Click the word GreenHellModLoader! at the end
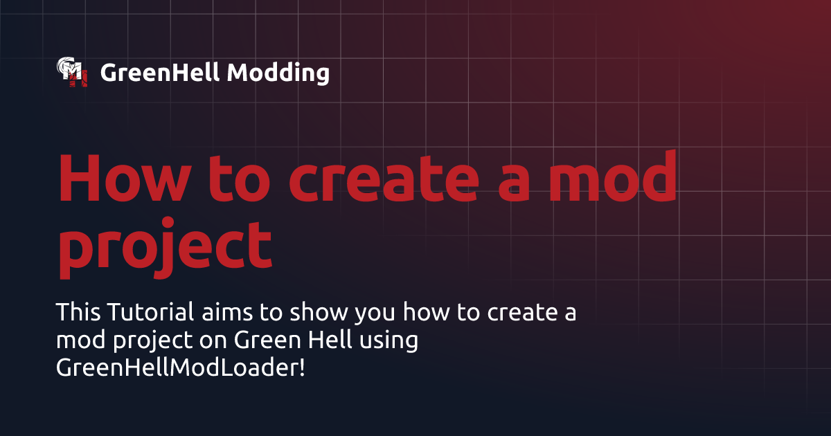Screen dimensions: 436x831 (x=180, y=368)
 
